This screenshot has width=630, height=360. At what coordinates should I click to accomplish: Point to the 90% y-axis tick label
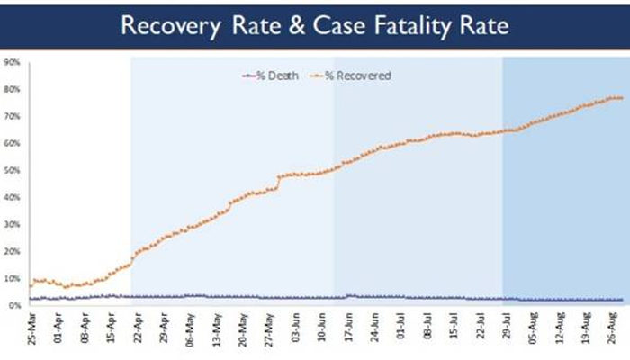pos(13,63)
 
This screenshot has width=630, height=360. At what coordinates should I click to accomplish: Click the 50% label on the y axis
pos(13,171)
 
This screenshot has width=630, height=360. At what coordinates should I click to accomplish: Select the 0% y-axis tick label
pos(15,306)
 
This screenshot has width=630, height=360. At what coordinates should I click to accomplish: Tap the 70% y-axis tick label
pos(13,117)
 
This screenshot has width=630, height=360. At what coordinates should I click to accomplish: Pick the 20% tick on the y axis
pos(13,252)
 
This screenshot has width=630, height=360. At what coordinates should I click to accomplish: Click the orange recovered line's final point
pos(621,98)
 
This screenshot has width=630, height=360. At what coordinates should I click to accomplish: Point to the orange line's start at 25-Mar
pos(31,286)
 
